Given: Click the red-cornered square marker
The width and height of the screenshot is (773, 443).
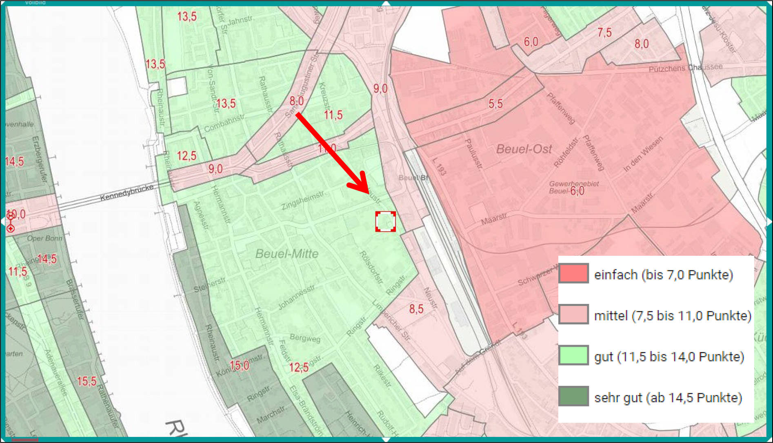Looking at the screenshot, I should pos(385,221).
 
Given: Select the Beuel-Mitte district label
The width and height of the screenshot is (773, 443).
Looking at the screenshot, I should pos(287,254).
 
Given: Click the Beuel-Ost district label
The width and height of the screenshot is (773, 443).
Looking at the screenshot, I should pos(524,149).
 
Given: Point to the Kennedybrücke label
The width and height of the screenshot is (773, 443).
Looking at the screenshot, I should pos(127,192).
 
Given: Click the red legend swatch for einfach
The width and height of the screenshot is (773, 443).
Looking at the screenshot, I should pos(573,273).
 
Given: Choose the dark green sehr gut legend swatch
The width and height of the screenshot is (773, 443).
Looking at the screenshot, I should pos(573,396).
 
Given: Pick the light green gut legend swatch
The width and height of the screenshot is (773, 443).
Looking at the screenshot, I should pos(573,355).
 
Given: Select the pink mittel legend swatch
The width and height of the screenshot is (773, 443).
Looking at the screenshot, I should pos(573,315).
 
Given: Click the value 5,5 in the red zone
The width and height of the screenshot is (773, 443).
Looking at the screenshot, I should pos(495,104).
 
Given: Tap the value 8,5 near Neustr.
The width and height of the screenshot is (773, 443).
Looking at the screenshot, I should pos(416,309).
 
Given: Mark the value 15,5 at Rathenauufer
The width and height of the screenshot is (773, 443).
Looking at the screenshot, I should pos(87,381).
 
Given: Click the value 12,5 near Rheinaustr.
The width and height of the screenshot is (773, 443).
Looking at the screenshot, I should pos(187,156).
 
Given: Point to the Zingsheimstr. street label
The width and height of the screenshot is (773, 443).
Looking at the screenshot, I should pos(302,200).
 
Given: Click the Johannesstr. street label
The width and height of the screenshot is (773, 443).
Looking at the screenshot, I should pos(297,297).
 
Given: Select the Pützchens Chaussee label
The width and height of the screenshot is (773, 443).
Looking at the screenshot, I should pos(685,68).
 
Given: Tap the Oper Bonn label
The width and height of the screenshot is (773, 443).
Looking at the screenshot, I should pos(44,238).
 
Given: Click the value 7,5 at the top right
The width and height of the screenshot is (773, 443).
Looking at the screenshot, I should pos(604,33).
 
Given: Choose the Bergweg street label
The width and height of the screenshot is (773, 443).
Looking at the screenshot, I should pos(305,338).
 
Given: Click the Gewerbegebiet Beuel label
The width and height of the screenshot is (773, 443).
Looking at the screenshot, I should pos(573,187).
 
